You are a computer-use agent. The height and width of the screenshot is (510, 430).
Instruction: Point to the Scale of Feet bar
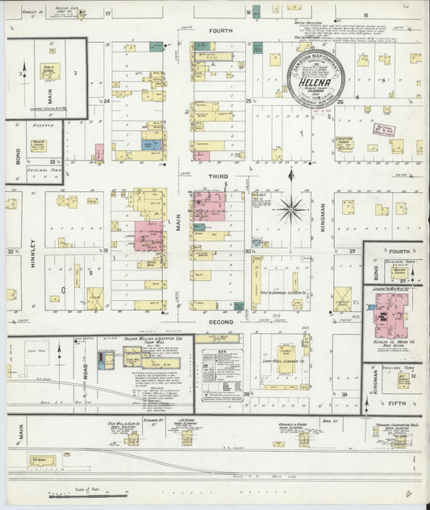pyautogui.click(x=105, y=490)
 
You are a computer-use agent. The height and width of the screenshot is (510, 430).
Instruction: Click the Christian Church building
pyautogui.click(x=344, y=143)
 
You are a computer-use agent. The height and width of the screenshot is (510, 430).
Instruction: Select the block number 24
pyautogui.click(x=106, y=102)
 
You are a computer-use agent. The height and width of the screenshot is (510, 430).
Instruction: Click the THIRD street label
pyautogui.click(x=220, y=176)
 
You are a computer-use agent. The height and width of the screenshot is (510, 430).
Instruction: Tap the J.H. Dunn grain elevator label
pyautogui.click(x=188, y=420)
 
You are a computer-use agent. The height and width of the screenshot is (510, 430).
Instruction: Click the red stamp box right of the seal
pyautogui.click(x=382, y=129)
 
